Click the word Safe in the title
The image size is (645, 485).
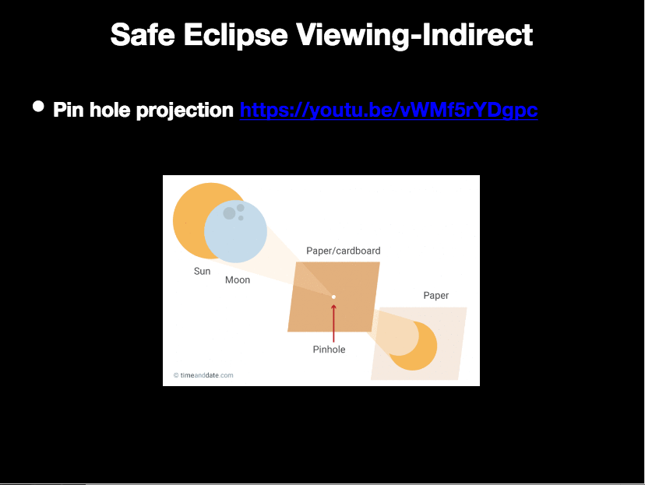point(143,34)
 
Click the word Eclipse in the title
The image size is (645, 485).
point(235,36)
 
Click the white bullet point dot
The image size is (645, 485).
point(38,107)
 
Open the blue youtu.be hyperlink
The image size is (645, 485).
point(389,110)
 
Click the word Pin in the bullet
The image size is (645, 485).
point(69,110)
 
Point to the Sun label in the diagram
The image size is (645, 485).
point(202,271)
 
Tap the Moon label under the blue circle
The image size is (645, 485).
point(238,280)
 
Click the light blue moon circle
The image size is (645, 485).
point(236,231)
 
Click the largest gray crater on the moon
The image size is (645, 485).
point(229,213)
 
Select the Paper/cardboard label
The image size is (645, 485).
point(343,251)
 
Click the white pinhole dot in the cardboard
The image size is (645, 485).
point(333,297)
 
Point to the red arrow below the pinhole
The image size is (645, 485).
point(333,324)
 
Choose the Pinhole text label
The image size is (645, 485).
point(329,350)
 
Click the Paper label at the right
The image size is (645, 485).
point(436,296)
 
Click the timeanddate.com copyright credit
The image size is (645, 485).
point(203,375)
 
